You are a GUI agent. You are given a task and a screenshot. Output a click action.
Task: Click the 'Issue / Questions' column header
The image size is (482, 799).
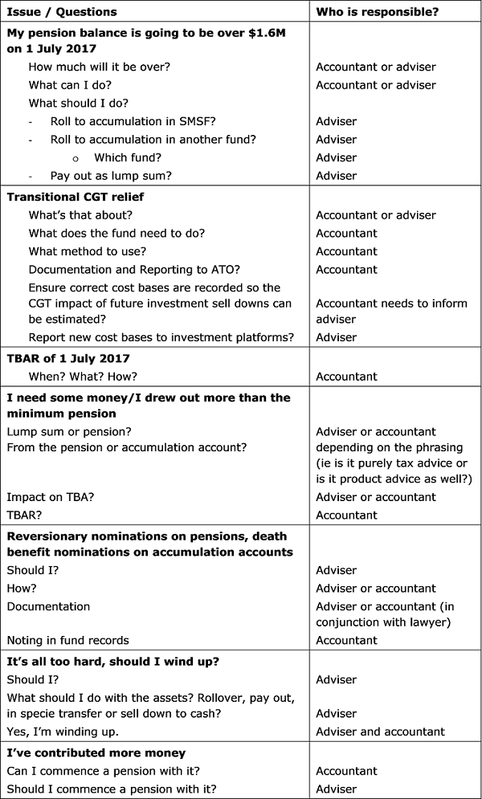[61, 12]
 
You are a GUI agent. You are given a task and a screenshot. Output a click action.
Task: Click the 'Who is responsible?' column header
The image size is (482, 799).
[374, 12]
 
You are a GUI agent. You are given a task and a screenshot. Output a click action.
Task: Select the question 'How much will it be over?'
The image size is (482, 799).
[96, 67]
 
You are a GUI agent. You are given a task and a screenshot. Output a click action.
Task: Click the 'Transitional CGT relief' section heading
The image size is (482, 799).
[76, 197]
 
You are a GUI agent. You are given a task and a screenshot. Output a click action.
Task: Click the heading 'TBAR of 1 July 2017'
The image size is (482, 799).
[68, 358]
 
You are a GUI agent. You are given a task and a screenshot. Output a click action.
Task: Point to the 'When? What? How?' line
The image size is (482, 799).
[83, 377]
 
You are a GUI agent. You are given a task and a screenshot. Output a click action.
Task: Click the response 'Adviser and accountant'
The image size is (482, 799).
[380, 732]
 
